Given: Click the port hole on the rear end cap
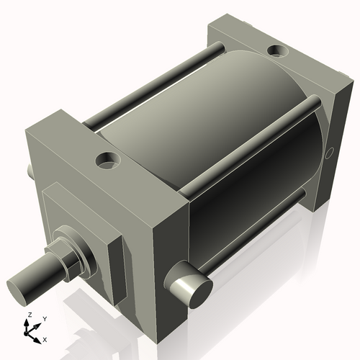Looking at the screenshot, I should coord(276,52).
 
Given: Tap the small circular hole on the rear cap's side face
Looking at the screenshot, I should coord(330,152).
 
